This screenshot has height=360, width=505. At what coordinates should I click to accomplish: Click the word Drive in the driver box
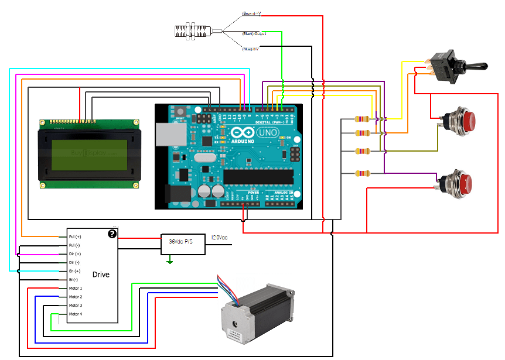[101, 275]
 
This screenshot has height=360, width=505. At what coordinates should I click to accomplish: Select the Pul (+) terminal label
[75, 236]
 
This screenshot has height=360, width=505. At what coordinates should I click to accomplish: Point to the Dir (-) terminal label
[74, 263]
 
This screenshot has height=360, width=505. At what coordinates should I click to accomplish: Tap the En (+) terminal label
[74, 272]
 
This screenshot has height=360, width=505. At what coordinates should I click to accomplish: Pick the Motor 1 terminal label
[76, 289]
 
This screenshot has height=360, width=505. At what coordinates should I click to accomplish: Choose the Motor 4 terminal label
[76, 314]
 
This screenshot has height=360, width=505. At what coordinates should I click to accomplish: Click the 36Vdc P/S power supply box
[183, 242]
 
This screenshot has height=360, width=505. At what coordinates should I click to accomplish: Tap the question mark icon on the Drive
[112, 234]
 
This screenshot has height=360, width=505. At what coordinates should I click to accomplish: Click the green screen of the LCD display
[88, 155]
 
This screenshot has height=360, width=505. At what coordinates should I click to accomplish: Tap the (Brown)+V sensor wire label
[252, 13]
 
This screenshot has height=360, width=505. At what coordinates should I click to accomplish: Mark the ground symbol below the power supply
[170, 261]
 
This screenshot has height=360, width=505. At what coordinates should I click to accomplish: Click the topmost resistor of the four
[363, 119]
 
